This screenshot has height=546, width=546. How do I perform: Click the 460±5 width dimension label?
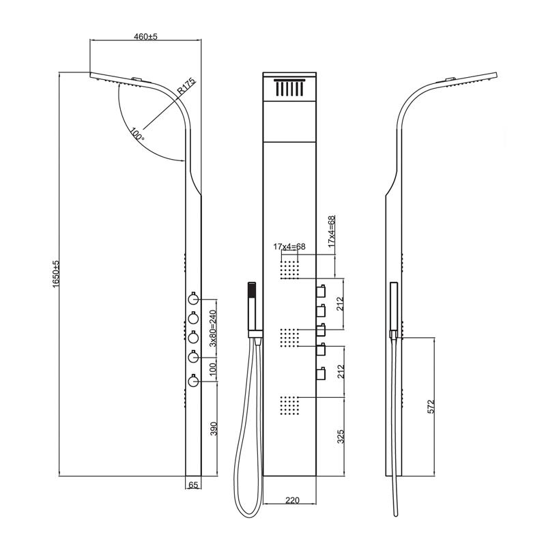tap(145, 36)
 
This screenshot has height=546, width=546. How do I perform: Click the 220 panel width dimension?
tap(291, 501)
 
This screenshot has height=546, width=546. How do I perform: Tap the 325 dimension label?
tap(341, 435)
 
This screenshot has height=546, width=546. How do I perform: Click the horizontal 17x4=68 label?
tap(290, 246)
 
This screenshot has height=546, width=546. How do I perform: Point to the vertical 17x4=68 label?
tap(332, 231)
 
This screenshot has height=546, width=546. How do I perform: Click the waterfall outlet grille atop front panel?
tap(290, 89)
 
